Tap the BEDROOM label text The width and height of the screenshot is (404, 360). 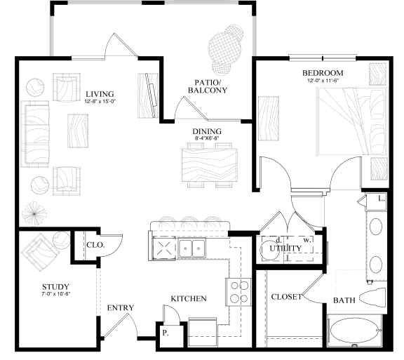coord(322,73)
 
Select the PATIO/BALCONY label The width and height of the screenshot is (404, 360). coord(211,86)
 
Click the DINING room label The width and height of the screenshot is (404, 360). coord(208,131)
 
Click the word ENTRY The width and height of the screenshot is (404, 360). coord(120,308)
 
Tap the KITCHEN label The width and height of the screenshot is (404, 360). coord(189,299)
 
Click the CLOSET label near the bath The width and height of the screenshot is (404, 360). coord(286,297)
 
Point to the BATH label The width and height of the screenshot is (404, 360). coord(344,300)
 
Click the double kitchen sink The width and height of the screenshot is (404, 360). coord(190,248)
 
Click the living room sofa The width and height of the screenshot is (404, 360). coord(35,134)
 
